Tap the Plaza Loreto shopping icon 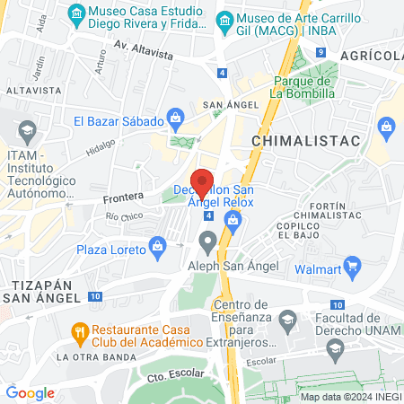pyautogui.click(x=158, y=245)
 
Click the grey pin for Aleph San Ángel pyautogui.click(x=207, y=241)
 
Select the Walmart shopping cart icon pyautogui.click(x=352, y=265)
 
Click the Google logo pyautogui.click(x=30, y=392)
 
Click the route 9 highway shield pyautogui.click(x=321, y=52)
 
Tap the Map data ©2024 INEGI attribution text pyautogui.click(x=349, y=397)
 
